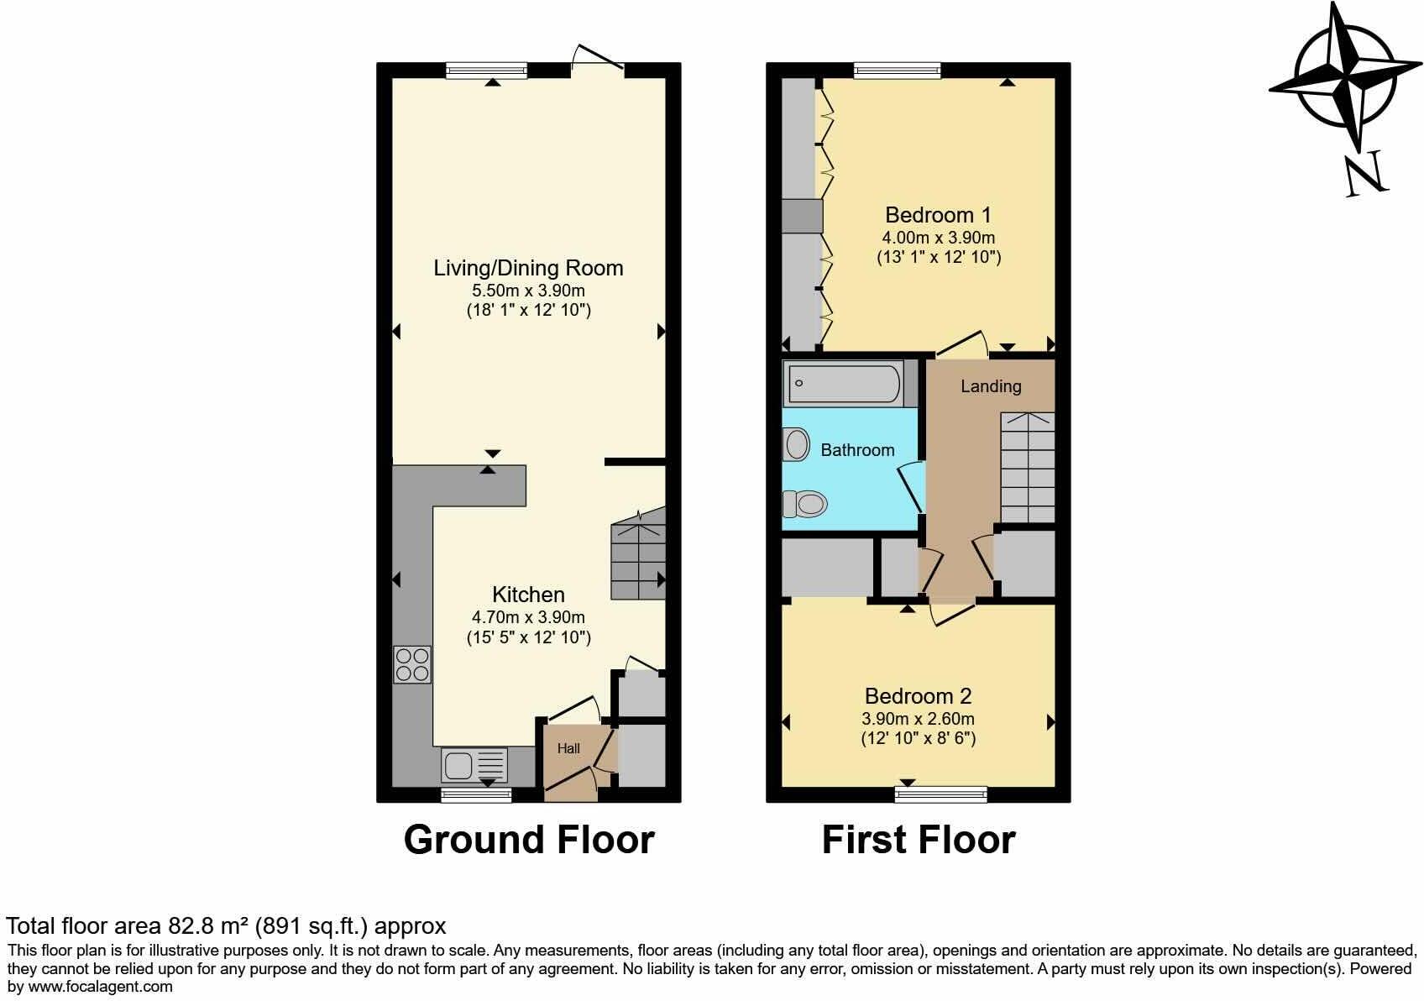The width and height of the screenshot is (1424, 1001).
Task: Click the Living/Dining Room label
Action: [x=528, y=268]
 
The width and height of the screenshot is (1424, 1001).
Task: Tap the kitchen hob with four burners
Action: [x=412, y=664]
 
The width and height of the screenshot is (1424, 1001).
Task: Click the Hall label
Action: [x=568, y=748]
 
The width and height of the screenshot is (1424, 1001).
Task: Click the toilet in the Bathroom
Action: [x=805, y=504]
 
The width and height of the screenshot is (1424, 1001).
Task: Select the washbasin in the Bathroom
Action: [x=796, y=443]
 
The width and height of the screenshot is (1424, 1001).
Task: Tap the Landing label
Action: [x=991, y=386]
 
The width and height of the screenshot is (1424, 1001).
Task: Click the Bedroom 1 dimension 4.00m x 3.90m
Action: [x=938, y=238]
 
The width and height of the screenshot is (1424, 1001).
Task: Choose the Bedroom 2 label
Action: [x=918, y=696]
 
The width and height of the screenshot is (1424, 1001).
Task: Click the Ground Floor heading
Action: [x=528, y=840]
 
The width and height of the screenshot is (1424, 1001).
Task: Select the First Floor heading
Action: [x=918, y=840]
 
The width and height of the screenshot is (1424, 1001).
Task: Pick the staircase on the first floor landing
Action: [x=1027, y=468]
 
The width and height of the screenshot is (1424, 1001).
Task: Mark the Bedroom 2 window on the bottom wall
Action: [x=941, y=794]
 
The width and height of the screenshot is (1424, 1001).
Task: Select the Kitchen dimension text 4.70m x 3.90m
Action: [x=528, y=617]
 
